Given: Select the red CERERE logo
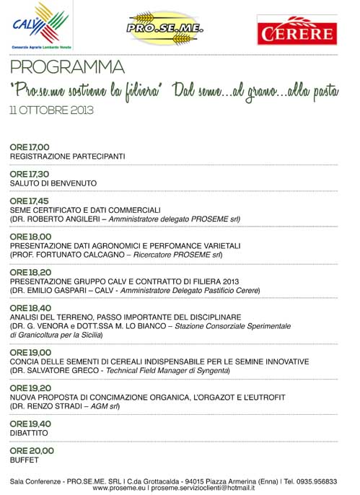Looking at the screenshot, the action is coord(296,30).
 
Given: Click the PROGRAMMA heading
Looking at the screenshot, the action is coord(67,69).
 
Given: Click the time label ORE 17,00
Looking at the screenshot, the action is coord(30,147).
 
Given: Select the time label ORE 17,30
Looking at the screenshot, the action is coord(30,174).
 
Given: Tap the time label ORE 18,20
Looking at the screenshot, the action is coord(30,272).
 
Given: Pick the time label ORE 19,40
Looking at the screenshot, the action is coord(30,424).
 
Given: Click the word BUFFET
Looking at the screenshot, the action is coord(25,460).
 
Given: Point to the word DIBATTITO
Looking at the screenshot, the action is coord(30,433).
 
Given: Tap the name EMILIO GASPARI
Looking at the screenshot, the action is coord(60,290).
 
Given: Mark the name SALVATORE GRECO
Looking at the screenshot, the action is coord(63,370).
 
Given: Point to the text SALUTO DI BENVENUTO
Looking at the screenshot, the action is coord(53,183).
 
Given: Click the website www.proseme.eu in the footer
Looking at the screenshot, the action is coord(119,489).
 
